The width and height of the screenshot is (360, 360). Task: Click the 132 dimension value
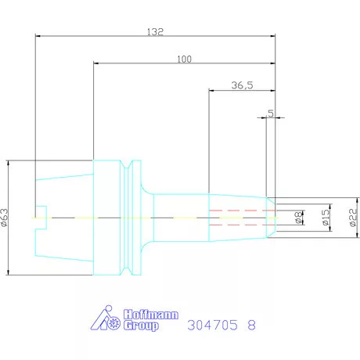pos(155,32)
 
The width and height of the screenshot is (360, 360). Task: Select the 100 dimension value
pos(185,59)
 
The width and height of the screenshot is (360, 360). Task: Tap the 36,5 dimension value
pos(242,85)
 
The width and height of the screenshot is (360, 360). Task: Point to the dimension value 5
pos(271,113)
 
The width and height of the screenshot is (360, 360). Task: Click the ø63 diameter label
pos(5,218)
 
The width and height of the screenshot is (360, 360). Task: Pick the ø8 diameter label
pos(299,218)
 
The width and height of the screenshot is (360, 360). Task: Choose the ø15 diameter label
pos(326,218)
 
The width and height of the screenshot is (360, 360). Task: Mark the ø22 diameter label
pos(353,218)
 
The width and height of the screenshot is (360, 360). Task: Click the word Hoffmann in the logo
pos(151,315)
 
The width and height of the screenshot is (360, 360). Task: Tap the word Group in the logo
pos(141,326)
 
